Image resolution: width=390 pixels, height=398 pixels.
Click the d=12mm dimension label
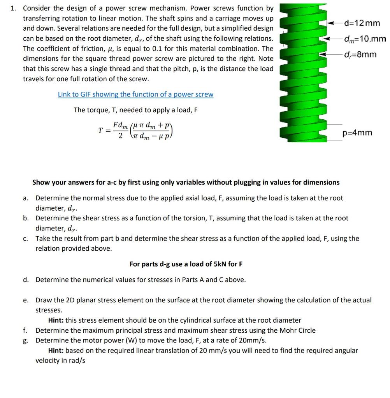coord(362,23)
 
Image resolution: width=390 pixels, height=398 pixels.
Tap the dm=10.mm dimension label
coord(365,39)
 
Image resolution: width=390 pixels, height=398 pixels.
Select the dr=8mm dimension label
coord(360,54)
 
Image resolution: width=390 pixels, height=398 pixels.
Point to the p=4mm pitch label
coord(357,133)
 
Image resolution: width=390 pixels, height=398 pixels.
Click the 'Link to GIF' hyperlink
coord(135,94)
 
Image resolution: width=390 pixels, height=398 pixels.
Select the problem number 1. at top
coord(14,8)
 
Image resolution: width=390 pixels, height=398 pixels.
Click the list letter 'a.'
coord(25,198)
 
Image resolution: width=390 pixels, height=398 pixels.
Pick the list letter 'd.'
coord(25,280)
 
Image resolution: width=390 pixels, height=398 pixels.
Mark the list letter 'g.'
coord(25,340)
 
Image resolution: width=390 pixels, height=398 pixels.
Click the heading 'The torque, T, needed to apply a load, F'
coord(135,110)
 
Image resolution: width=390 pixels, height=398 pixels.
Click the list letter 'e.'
coord(25,300)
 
